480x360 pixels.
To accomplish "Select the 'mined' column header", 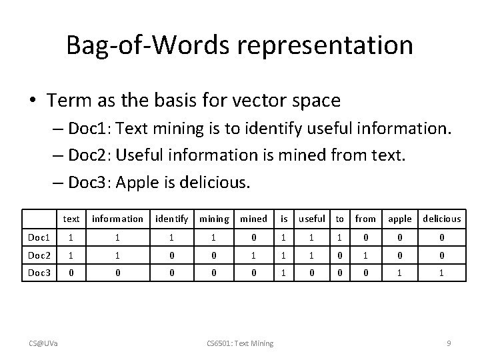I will click(253, 219).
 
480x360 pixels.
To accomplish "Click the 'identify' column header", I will click(171, 219).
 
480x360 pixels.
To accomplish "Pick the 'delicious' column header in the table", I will click(441, 219).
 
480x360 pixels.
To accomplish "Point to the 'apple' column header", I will click(400, 219).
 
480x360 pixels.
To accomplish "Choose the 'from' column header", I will click(365, 219).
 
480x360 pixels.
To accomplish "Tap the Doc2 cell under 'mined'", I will click(253, 255).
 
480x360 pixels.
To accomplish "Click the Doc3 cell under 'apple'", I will click(400, 273).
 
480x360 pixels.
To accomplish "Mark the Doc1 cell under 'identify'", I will click(171, 237).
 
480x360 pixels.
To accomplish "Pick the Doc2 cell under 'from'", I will click(365, 255).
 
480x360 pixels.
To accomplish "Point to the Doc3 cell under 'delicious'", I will click(441, 273).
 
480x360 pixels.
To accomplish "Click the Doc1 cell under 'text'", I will click(71, 237).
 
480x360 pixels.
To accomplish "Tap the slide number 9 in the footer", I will click(449, 343).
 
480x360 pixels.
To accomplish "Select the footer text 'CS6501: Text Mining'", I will click(240, 343).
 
